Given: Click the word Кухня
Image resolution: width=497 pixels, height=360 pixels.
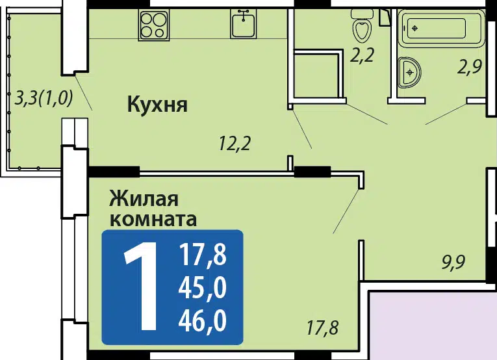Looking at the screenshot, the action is (157, 105).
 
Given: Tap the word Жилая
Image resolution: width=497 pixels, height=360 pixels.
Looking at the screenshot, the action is (144, 199).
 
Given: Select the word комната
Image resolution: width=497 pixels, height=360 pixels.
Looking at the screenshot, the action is (153, 219).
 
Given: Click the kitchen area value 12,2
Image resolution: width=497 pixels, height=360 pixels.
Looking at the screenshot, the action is (235, 144).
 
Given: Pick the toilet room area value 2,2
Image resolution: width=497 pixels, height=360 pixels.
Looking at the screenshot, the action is (363, 55).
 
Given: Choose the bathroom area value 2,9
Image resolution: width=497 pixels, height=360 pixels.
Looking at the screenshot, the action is (470, 67).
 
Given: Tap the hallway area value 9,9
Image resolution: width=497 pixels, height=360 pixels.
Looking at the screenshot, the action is (453, 263).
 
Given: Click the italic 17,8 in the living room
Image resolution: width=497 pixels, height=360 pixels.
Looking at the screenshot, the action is (323, 328).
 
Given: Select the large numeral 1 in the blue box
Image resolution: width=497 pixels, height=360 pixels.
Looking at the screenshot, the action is (141, 287).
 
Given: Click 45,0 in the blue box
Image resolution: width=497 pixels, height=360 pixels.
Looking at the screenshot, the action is (203, 287).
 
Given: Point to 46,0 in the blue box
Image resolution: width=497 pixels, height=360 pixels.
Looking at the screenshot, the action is (203, 320).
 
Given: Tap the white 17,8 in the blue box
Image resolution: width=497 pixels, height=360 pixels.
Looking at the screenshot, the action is (203, 255).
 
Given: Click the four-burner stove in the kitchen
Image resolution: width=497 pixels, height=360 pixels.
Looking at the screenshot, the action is (154, 25).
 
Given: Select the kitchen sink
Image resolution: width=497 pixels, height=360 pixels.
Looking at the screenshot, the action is (244, 24).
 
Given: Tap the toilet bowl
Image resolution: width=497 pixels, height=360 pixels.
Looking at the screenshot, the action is (363, 26).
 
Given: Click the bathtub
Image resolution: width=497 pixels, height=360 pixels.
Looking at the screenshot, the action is (442, 28).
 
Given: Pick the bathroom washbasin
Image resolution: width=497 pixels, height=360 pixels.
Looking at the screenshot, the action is (409, 73).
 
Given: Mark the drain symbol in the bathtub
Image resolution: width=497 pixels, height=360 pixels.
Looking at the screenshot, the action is (415, 28).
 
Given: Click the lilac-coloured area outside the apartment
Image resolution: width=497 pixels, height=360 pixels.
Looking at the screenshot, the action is (433, 326).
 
